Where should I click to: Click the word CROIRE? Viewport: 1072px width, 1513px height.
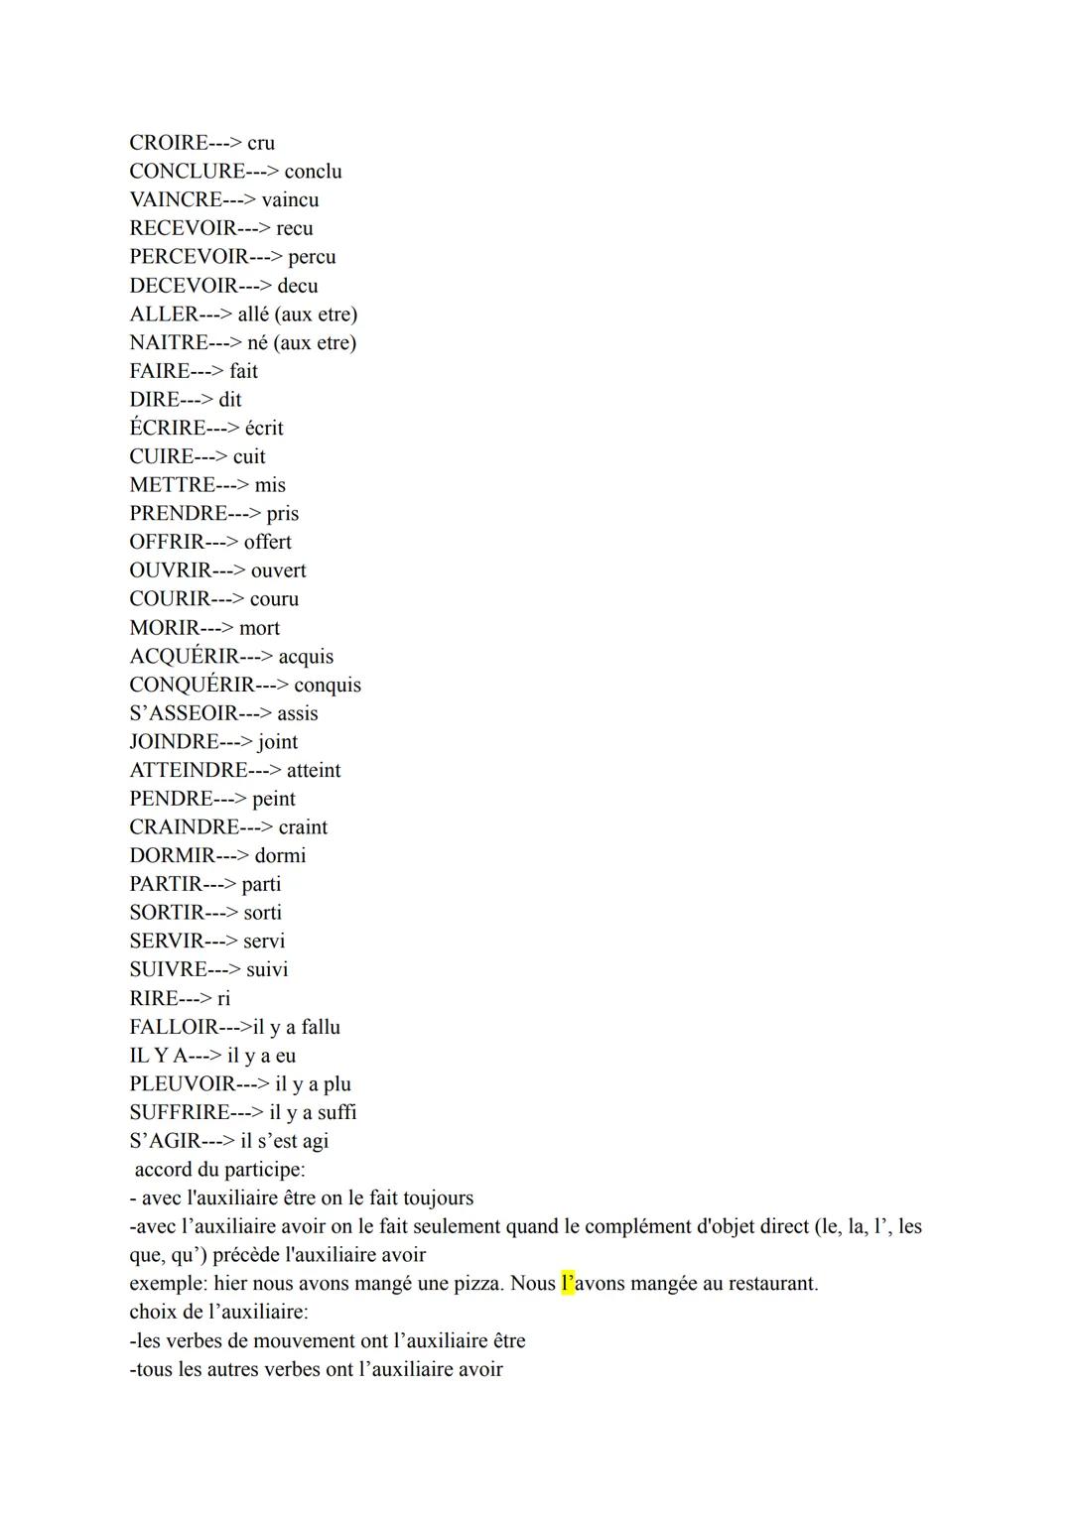pos(168,143)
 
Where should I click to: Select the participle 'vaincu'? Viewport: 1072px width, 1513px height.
pos(290,200)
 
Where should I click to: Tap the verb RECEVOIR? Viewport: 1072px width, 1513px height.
pos(183,229)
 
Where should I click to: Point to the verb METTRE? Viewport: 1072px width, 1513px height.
pos(172,485)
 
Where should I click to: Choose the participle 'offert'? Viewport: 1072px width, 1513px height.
pos(268,543)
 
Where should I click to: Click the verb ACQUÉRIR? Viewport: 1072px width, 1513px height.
pos(185,657)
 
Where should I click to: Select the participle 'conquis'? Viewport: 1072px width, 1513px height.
pos(328,686)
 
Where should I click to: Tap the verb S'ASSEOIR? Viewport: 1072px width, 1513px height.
pos(184,714)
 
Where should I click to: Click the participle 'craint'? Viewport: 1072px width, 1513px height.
pos(303,827)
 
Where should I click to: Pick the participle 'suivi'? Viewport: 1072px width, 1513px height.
pos(267,970)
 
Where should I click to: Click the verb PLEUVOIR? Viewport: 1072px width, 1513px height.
pos(183,1084)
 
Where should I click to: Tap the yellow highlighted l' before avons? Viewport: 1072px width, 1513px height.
pos(568,1284)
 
